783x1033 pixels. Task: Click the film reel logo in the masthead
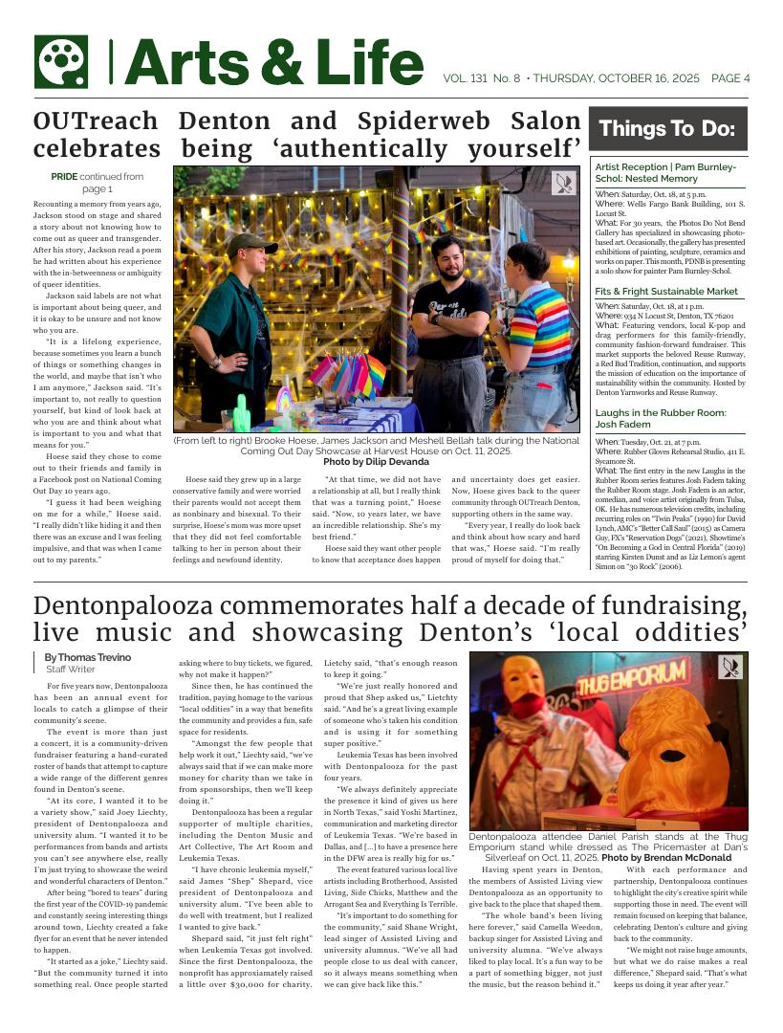pos(61,62)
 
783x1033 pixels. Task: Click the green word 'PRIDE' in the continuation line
pos(64,177)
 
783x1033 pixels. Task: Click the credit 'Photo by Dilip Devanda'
pos(376,462)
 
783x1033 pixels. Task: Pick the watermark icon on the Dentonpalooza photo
pos(731,667)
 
